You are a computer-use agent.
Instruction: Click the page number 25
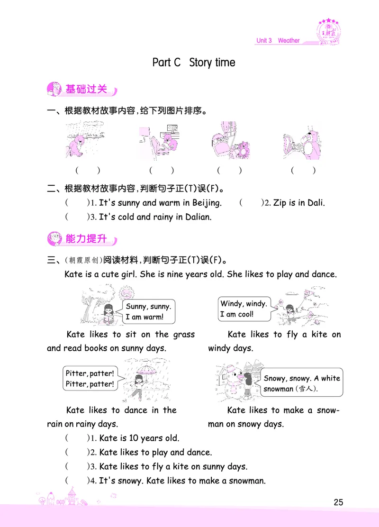[338, 502]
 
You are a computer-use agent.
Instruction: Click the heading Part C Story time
[193, 63]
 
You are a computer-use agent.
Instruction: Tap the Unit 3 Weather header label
[278, 41]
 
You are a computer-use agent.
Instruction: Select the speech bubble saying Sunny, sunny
[148, 312]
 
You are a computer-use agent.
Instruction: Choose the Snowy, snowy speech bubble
[302, 383]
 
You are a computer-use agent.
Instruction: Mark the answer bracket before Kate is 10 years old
[76, 438]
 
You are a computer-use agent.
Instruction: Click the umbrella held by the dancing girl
[141, 367]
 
